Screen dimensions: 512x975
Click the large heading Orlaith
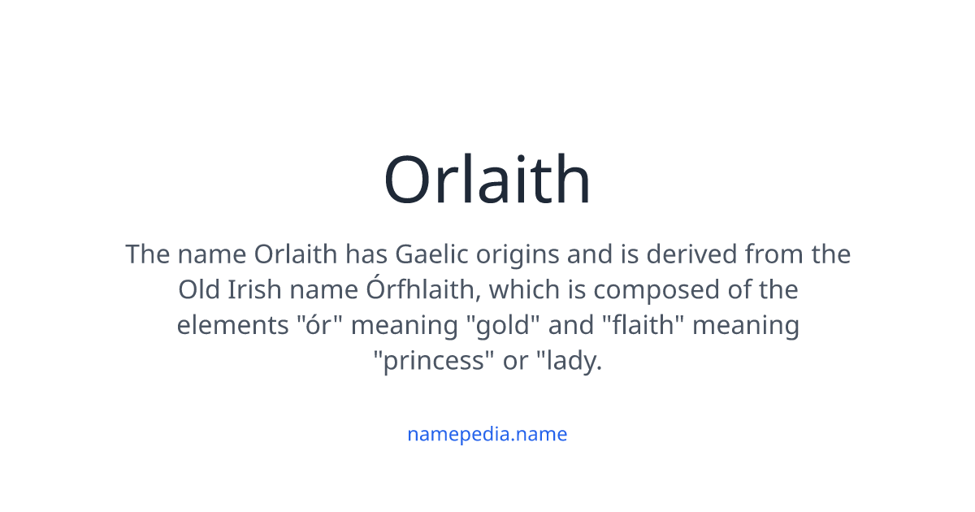pyautogui.click(x=487, y=180)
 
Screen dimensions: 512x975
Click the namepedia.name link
pyautogui.click(x=487, y=434)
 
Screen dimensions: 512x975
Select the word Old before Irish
pyautogui.click(x=197, y=290)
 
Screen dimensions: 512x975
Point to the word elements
pyautogui.click(x=227, y=326)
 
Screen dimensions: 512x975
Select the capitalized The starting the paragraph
pyautogui.click(x=147, y=254)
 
